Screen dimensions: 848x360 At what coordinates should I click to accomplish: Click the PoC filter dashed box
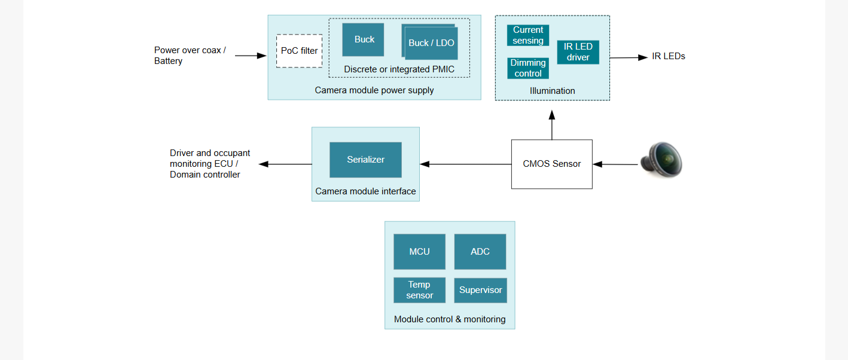tap(299, 51)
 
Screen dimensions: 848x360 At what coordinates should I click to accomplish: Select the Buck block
tap(363, 39)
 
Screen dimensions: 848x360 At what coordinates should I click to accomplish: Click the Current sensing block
tap(527, 35)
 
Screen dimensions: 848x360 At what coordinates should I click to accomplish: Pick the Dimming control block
tap(527, 68)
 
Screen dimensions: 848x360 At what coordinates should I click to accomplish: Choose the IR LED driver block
tap(578, 52)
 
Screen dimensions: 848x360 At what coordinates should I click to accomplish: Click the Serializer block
tap(366, 160)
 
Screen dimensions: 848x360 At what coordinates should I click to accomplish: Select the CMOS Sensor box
tap(552, 164)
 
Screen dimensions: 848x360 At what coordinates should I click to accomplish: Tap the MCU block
tap(419, 252)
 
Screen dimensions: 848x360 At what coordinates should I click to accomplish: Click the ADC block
tap(480, 252)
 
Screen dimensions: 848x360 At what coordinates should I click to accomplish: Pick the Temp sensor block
tap(419, 290)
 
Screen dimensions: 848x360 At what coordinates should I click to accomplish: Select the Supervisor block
tap(480, 291)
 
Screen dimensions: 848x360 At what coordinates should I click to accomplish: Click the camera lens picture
tap(661, 160)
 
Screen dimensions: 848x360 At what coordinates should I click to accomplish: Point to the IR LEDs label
tap(669, 56)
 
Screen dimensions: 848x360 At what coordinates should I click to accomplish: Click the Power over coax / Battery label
tap(190, 56)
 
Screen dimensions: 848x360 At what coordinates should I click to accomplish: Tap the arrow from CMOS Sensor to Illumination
tap(552, 125)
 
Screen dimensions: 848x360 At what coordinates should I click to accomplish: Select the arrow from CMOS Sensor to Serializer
tap(466, 164)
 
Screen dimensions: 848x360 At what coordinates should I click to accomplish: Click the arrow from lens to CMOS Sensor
tap(615, 164)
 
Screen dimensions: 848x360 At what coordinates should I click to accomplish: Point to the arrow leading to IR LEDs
tap(629, 57)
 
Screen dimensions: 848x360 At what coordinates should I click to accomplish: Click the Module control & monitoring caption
tap(450, 319)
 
